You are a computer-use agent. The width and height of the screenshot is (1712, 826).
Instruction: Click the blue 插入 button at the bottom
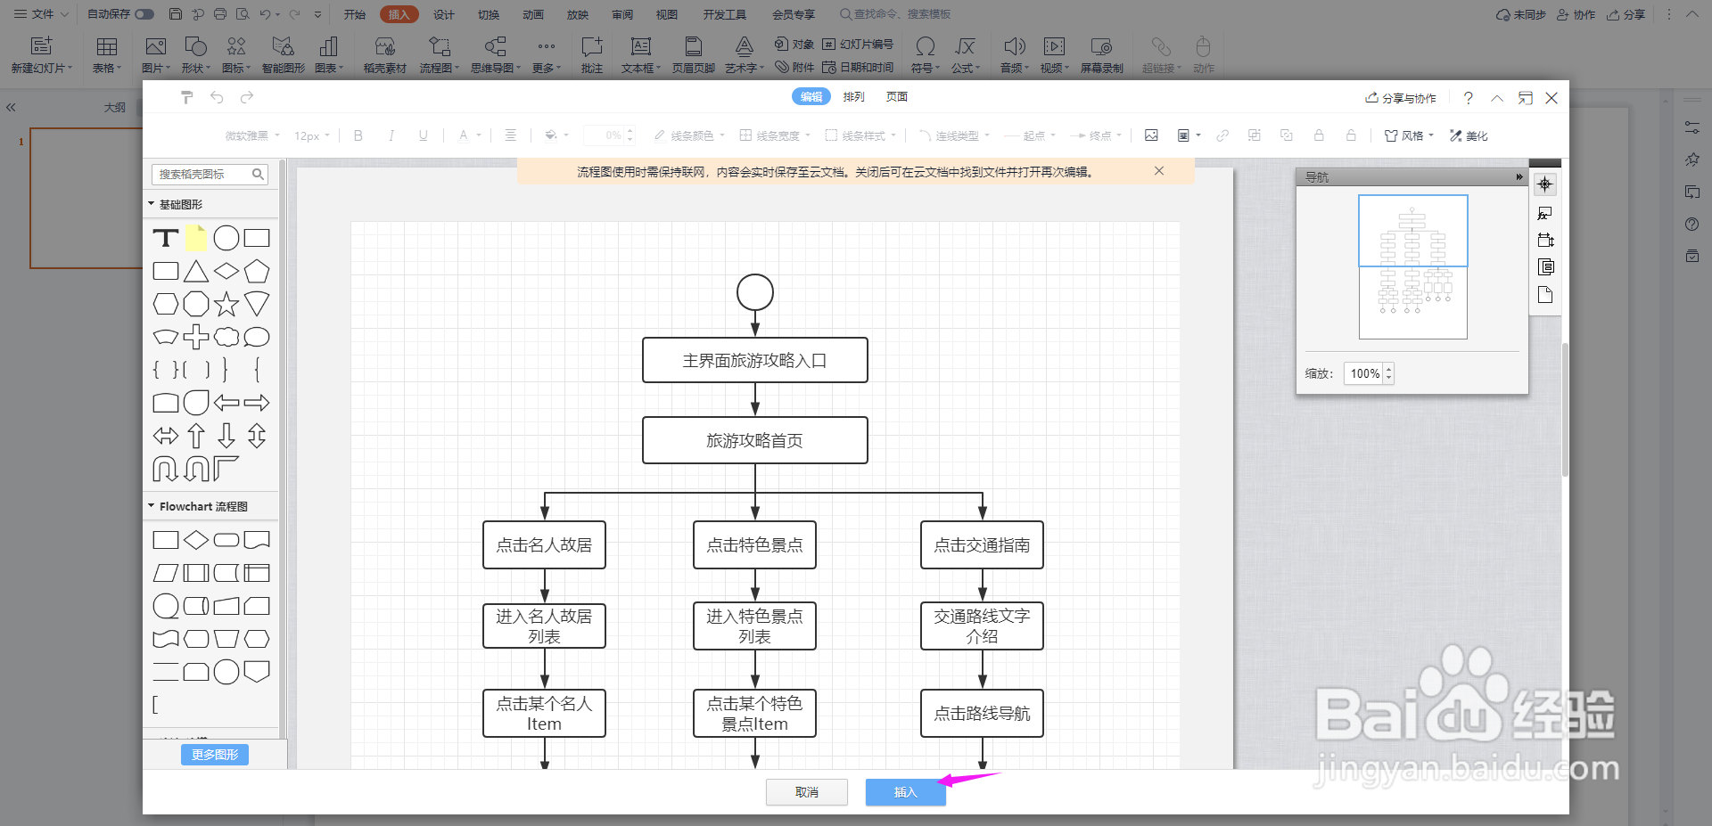tap(905, 792)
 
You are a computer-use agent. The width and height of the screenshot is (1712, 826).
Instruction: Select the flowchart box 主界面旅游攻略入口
tap(754, 360)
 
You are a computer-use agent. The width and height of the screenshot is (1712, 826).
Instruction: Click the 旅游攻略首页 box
tap(754, 440)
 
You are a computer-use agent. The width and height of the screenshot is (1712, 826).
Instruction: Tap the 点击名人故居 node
tap(544, 544)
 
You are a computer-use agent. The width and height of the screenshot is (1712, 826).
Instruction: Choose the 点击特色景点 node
tap(754, 544)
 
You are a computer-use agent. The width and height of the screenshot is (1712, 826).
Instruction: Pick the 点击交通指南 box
tap(982, 544)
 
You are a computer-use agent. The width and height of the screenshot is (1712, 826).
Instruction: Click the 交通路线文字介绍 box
tap(982, 626)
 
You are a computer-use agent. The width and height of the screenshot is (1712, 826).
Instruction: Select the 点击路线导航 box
tap(982, 713)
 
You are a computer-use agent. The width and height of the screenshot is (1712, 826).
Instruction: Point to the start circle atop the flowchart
tap(755, 292)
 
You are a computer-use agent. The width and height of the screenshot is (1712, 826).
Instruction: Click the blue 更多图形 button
tap(215, 755)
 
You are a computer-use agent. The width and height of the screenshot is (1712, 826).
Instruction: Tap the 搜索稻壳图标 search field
tap(203, 174)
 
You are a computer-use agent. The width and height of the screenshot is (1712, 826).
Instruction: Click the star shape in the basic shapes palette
tap(226, 304)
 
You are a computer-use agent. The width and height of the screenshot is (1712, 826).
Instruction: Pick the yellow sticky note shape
tap(196, 238)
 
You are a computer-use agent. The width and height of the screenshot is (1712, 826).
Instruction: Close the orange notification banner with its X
tap(1159, 171)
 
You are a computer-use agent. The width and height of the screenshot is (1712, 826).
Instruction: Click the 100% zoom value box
tap(1364, 373)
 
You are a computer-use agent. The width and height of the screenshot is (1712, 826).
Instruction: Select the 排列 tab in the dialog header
tap(853, 96)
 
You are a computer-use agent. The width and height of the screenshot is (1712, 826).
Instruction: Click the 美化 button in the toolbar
tap(1469, 135)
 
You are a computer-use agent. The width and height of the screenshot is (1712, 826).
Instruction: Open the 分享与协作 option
tap(1401, 98)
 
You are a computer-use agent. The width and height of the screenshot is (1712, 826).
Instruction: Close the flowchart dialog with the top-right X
tap(1551, 98)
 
